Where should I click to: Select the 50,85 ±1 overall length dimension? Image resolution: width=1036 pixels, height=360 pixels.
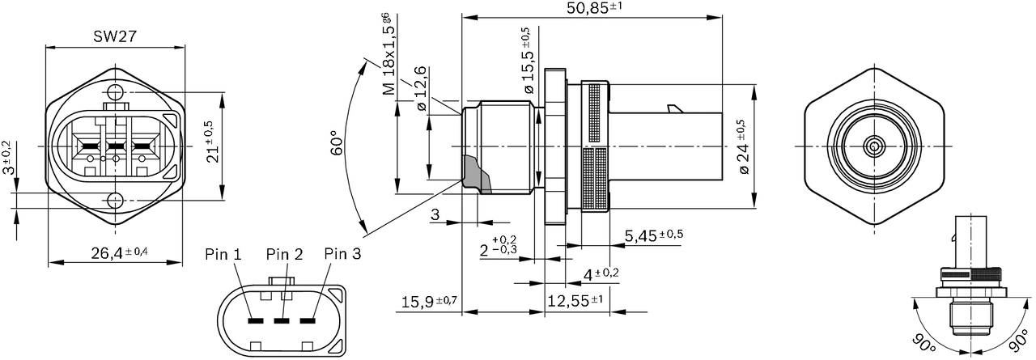[x=593, y=10]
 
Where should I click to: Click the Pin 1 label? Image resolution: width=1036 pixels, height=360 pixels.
[x=223, y=254]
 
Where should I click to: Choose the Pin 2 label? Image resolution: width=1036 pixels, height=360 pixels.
[x=284, y=254]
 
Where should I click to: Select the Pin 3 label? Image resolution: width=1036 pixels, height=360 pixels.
[x=342, y=254]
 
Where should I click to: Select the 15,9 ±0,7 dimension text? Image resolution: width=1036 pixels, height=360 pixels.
[x=429, y=303]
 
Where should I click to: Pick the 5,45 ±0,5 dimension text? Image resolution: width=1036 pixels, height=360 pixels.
[x=653, y=235]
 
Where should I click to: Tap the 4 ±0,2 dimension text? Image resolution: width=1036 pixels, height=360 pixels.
[x=601, y=273]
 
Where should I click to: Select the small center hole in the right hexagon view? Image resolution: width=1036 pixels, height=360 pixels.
[x=874, y=146]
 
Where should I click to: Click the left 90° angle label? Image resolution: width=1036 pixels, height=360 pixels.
[x=922, y=344]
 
